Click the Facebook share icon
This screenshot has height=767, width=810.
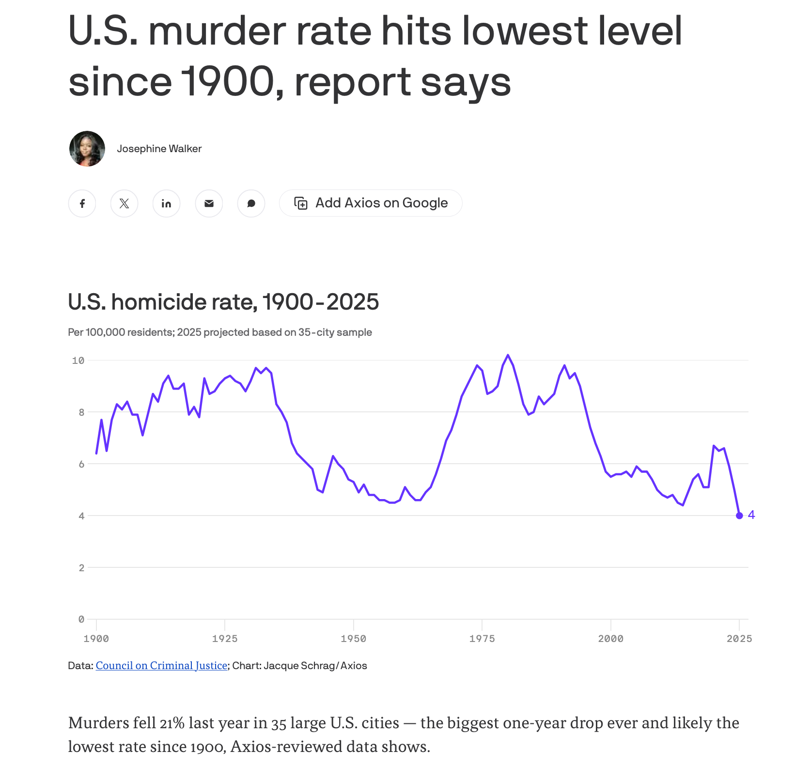[82, 203]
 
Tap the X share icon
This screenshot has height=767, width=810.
[124, 203]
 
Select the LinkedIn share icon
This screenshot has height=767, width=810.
[166, 203]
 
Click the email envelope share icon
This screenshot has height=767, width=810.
[209, 203]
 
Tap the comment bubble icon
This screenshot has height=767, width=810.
[251, 203]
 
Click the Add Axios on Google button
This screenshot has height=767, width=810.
[371, 203]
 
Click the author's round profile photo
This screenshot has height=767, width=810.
[87, 149]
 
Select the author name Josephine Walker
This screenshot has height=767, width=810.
[159, 149]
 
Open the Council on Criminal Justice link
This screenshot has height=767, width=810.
[161, 666]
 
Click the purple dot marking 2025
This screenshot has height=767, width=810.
[739, 516]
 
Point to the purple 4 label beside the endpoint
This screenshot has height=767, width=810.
[751, 515]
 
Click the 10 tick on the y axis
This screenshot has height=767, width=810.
[78, 360]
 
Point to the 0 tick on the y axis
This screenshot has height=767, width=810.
[81, 619]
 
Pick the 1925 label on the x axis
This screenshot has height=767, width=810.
[225, 639]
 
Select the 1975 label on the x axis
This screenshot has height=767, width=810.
[482, 639]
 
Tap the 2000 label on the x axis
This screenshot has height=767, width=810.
[610, 639]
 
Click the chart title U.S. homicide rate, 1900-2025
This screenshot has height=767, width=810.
[223, 302]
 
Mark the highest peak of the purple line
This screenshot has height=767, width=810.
[508, 355]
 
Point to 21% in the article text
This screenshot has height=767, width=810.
[172, 723]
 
